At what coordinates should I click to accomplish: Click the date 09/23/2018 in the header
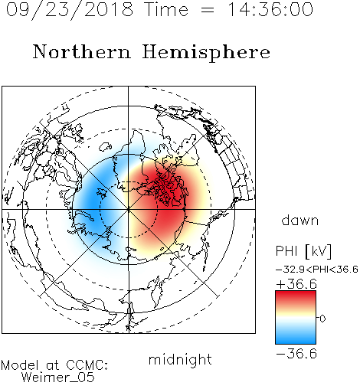(70, 10)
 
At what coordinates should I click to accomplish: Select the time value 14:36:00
(270, 9)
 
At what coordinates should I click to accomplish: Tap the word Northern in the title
(82, 51)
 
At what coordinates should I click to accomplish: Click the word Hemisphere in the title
(206, 53)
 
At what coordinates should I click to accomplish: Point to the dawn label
(300, 220)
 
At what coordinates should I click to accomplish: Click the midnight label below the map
(180, 360)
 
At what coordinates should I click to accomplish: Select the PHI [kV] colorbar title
(304, 251)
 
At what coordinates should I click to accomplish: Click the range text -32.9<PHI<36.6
(317, 270)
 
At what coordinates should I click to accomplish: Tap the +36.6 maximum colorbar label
(296, 284)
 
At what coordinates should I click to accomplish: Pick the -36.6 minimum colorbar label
(296, 354)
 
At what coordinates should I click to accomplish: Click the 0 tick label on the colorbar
(322, 319)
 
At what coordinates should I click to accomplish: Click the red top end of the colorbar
(296, 293)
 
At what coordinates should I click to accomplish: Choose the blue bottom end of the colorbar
(296, 341)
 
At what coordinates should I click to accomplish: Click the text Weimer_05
(58, 378)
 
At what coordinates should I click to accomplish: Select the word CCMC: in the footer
(87, 365)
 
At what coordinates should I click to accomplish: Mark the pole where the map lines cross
(129, 209)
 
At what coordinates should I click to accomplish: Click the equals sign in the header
(208, 10)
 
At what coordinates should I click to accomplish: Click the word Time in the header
(166, 9)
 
